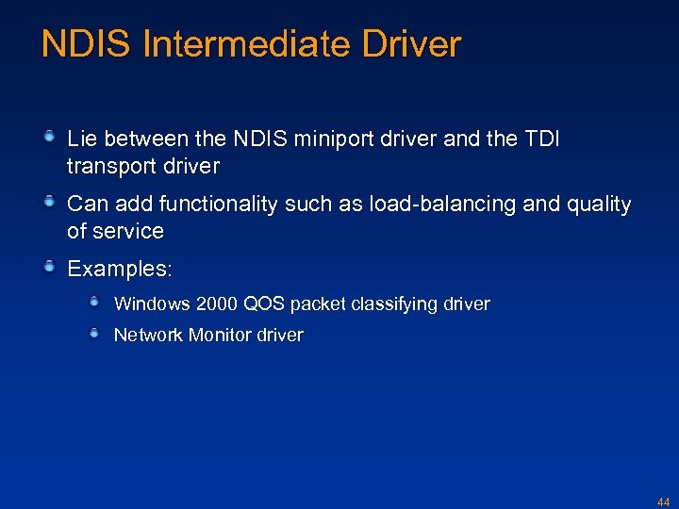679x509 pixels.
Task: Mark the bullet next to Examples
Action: [51, 268]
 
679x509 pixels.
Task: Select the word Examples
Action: [118, 270]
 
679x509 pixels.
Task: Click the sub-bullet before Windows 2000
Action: [95, 302]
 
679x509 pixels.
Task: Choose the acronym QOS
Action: [265, 304]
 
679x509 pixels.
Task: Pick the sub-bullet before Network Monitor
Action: [95, 333]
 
